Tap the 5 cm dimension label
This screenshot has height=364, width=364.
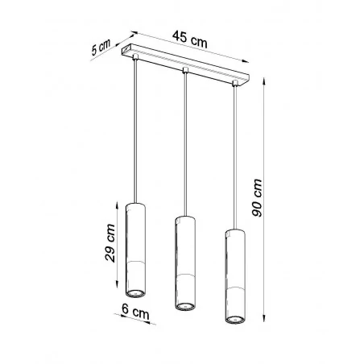100,47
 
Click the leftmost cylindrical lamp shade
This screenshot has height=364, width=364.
136,242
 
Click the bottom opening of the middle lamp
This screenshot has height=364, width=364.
185,306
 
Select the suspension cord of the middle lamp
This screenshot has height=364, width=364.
185,145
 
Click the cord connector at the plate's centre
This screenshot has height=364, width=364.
185,73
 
